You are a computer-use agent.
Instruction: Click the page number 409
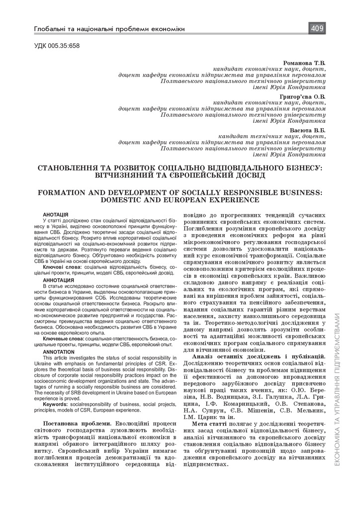(x=317, y=28)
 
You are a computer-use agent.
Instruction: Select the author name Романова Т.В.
(x=304, y=63)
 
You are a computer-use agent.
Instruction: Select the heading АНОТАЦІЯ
(x=56, y=214)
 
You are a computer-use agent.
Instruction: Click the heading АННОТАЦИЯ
(x=59, y=280)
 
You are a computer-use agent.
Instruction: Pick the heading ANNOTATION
(x=59, y=351)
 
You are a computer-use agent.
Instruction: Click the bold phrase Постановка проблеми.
(x=74, y=423)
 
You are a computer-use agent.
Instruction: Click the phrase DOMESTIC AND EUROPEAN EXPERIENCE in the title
(x=180, y=200)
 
